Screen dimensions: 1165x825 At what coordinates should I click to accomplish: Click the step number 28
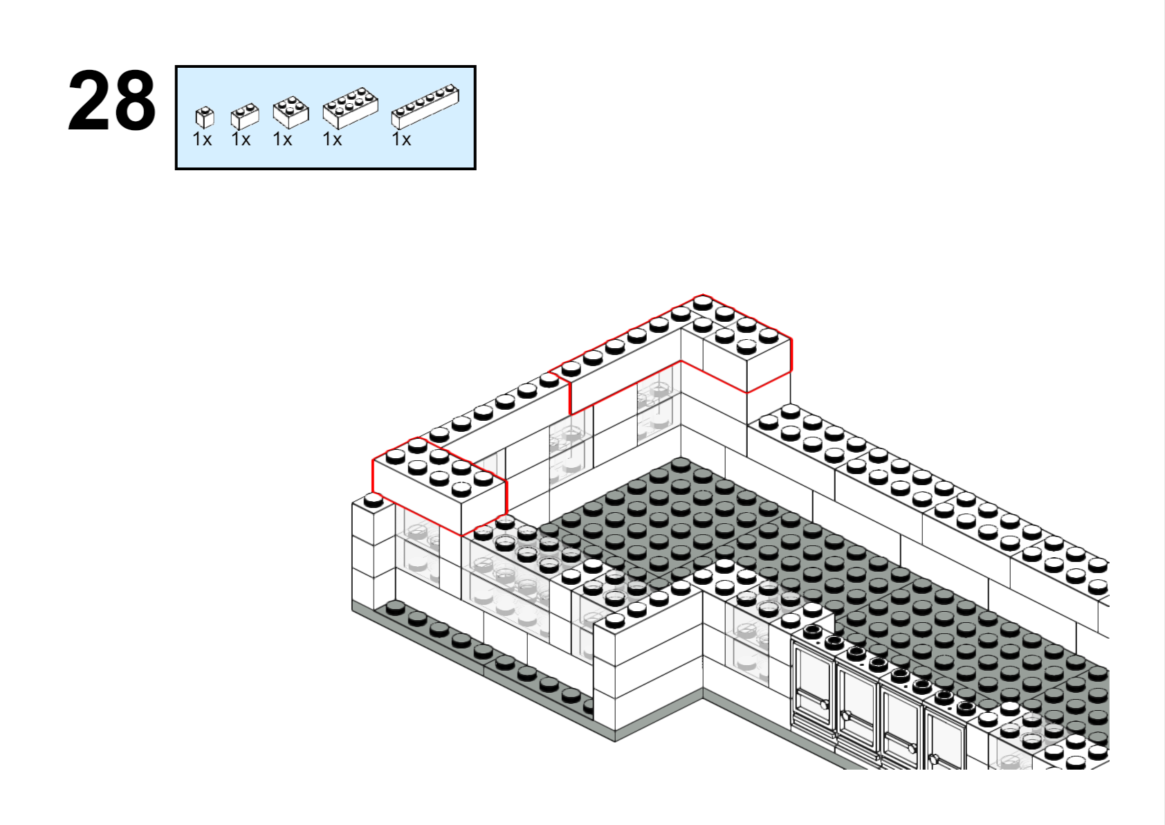pos(112,101)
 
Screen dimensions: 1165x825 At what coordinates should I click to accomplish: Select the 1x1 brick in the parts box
pos(204,118)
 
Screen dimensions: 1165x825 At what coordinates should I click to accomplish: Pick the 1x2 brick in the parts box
pos(244,116)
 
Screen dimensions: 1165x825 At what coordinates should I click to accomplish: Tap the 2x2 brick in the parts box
pos(291,112)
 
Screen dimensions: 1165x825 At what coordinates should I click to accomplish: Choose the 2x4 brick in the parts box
pos(350,108)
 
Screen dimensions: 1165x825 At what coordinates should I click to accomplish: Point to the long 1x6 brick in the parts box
pos(425,106)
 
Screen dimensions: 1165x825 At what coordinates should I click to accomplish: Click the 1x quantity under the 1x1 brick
pos(202,139)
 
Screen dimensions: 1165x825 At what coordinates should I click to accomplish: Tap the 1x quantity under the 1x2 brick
pos(241,139)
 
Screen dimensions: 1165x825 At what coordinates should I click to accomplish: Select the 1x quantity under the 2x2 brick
pos(282,139)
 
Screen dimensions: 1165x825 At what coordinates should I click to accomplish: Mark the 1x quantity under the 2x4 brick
pos(332,139)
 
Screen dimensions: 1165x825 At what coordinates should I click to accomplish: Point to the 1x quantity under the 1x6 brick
pos(401,139)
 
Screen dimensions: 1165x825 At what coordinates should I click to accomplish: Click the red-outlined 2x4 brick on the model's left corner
pos(439,486)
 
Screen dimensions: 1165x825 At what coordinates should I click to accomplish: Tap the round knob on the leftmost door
pos(825,705)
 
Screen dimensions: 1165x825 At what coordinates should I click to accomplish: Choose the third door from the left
pos(902,726)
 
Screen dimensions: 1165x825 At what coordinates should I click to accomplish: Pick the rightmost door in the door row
pos(946,738)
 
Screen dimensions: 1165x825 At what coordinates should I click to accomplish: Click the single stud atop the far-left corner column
pos(373,501)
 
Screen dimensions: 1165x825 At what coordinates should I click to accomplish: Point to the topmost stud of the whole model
pos(703,302)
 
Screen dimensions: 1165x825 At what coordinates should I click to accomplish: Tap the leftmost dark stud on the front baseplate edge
pos(395,607)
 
